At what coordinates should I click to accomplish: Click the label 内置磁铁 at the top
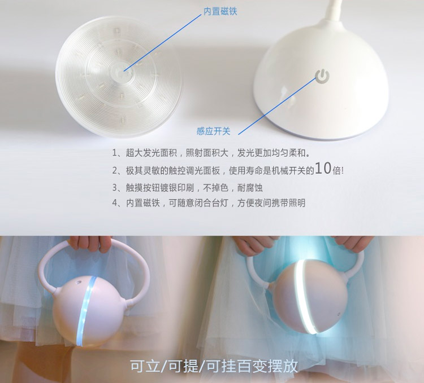point(220,11)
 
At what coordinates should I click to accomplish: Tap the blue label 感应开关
point(213,131)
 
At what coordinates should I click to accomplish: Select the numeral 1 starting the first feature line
point(115,153)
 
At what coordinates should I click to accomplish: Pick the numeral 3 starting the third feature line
point(115,187)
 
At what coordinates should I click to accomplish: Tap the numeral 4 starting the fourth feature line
point(115,203)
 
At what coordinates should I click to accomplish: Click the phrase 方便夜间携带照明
point(271,203)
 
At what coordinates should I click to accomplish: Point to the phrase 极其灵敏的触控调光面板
point(172,170)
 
